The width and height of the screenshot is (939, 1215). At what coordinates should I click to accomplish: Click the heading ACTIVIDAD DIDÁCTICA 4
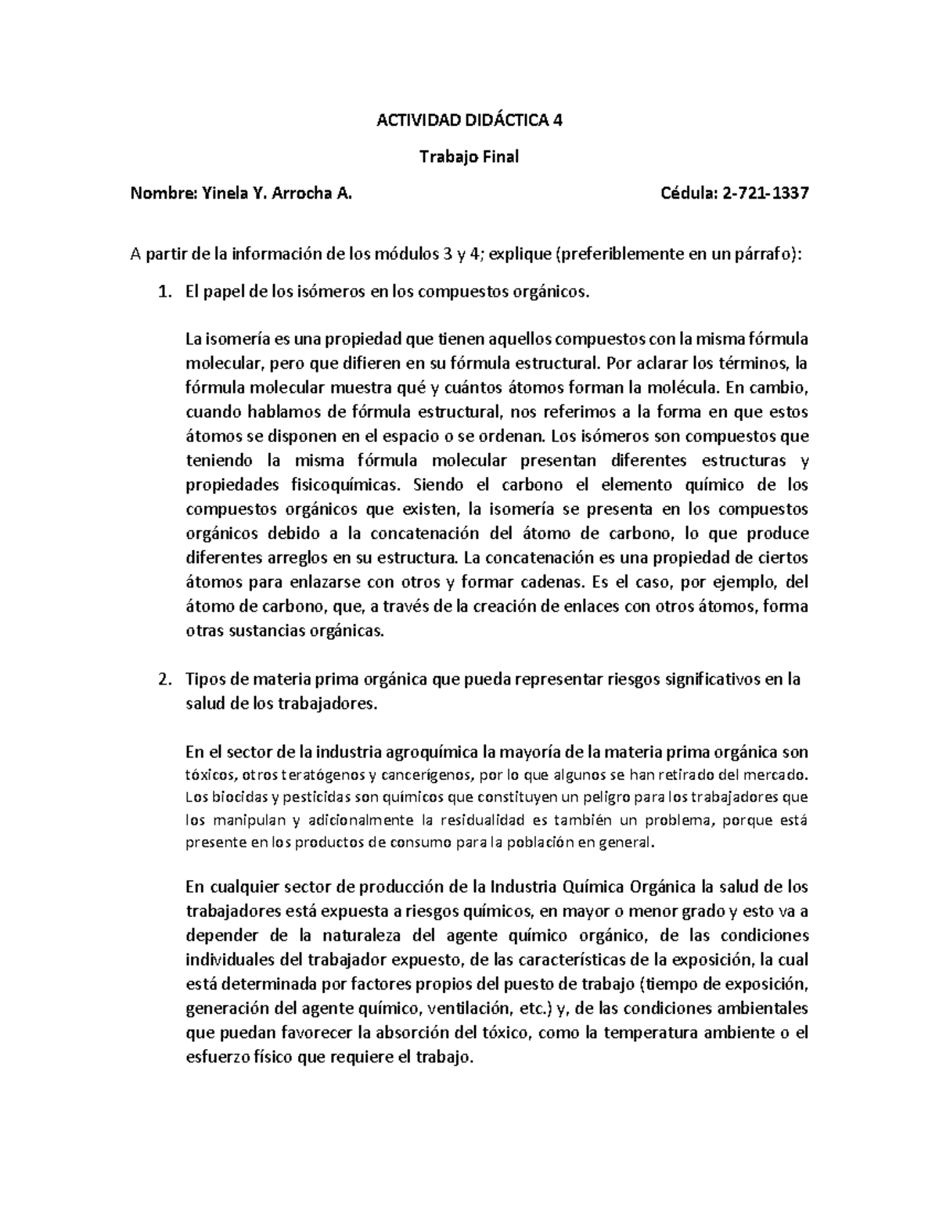pos(469,120)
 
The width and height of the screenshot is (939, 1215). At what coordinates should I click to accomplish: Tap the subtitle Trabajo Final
pos(469,157)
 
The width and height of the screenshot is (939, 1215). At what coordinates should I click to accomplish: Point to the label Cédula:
pos(689,194)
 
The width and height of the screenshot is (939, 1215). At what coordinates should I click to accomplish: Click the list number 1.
pos(163,293)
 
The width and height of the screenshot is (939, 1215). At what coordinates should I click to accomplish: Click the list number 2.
pos(163,679)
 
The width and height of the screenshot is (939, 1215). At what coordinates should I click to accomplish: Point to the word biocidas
pos(232,799)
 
